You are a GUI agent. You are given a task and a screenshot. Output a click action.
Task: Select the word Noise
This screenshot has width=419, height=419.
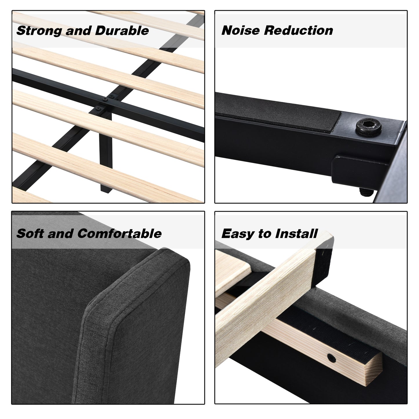point(240,30)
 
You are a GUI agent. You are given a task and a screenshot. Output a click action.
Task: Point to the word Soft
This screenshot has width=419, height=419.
point(30,233)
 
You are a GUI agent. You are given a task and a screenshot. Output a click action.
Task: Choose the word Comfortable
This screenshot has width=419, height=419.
point(119,233)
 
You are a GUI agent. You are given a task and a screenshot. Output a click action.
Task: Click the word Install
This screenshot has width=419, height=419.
point(296,233)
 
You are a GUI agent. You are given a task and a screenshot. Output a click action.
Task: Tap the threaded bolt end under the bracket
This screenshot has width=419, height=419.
point(366,192)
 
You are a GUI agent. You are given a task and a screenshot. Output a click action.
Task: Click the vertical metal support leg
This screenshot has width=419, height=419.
point(106,152)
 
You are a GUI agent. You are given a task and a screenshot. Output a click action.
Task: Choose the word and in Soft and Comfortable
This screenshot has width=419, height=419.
point(61,233)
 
